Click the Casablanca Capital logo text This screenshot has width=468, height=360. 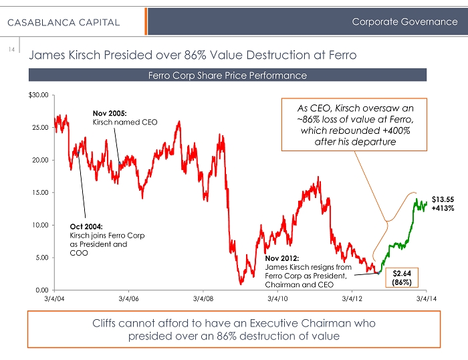coord(64,22)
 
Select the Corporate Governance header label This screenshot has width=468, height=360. coord(405,22)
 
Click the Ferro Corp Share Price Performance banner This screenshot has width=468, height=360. coord(227,75)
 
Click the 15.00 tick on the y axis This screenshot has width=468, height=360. coord(39,192)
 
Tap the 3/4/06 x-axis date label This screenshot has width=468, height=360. coord(128,299)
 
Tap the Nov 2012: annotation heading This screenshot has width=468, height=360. coord(280,258)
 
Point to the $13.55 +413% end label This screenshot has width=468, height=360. coord(443,203)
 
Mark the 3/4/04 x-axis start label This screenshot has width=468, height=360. coord(54,299)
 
